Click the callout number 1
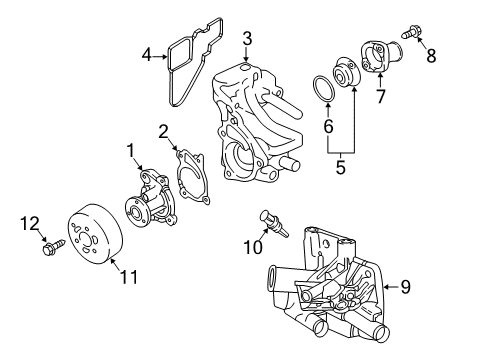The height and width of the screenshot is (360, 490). pos(129,150)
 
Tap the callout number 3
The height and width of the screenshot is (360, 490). pos(246,38)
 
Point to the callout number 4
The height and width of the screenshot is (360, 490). pos(148,55)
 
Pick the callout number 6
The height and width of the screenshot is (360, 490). pos(326,126)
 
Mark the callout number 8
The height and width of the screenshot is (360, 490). pos(431,55)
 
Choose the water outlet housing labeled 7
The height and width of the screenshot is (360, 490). pos(386,56)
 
